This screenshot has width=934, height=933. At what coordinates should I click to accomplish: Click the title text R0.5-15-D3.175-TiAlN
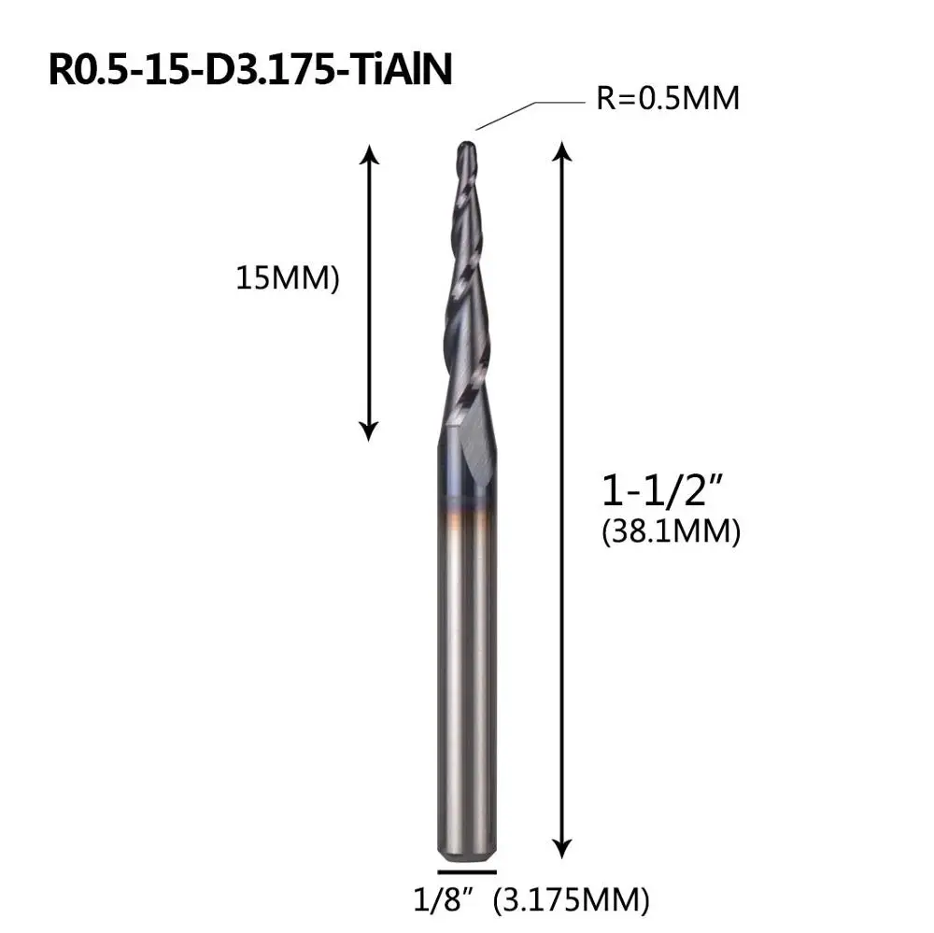point(250,70)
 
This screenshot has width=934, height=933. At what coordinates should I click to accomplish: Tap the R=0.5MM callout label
point(668,98)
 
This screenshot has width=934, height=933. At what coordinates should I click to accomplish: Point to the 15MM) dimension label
point(288,278)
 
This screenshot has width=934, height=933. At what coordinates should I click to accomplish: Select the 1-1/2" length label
point(661,490)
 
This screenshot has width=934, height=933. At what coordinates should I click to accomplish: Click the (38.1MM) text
point(672,531)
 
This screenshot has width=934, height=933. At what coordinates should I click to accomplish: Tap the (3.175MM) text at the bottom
point(572,899)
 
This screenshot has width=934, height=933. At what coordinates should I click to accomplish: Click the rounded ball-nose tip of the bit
point(466,148)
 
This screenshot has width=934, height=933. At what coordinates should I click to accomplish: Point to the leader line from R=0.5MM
point(531,115)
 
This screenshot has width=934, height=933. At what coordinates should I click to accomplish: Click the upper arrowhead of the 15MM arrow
point(370,154)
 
